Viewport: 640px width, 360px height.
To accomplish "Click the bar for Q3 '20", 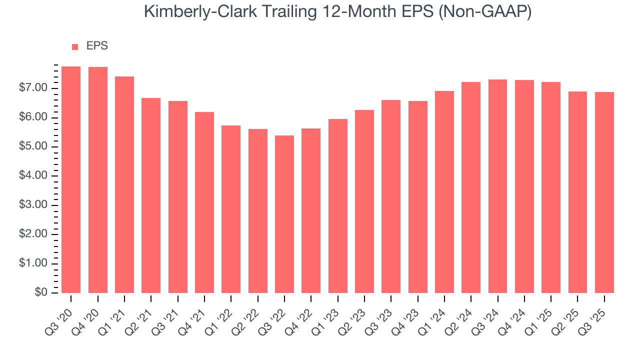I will pyautogui.click(x=71, y=179).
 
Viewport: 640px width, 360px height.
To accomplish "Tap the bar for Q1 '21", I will pyautogui.click(x=124, y=184).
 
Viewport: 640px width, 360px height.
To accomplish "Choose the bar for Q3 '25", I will pyautogui.click(x=604, y=192).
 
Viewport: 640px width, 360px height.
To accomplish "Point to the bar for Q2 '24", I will pyautogui.click(x=471, y=187).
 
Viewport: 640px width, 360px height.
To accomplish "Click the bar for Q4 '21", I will pyautogui.click(x=204, y=202).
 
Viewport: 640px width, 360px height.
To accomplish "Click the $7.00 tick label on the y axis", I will pyautogui.click(x=33, y=88).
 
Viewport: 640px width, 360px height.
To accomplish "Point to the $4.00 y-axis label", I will pyautogui.click(x=33, y=176).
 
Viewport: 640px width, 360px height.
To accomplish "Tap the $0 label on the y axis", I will pyautogui.click(x=40, y=293).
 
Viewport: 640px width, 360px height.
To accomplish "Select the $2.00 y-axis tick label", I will pyautogui.click(x=33, y=234).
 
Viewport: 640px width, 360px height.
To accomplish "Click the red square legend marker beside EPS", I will pyautogui.click(x=75, y=46).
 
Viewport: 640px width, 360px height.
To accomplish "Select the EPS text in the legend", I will pyautogui.click(x=97, y=46).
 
